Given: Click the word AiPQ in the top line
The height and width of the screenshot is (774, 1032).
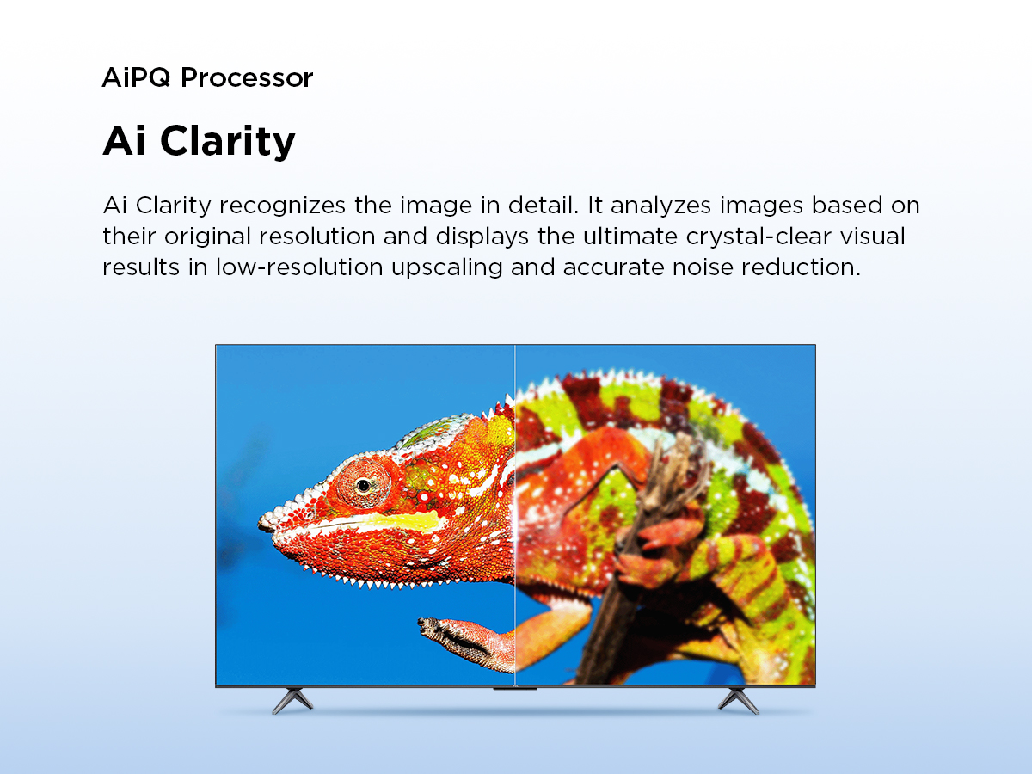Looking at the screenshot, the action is coord(136,77).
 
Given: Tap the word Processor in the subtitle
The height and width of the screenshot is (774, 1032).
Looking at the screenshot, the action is coord(247,77).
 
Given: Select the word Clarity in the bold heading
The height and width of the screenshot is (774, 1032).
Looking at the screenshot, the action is coord(228,141).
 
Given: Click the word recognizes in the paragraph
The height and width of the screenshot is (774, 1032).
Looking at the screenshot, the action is coord(283,206).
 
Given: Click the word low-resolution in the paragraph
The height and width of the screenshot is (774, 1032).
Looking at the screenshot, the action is coord(299,267).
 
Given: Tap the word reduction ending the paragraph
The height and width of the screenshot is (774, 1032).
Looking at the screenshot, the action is coord(802,267).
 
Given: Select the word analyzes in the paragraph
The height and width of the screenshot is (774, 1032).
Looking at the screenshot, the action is coord(660,206).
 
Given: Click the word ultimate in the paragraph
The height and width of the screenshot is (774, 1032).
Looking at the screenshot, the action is coord(630,236).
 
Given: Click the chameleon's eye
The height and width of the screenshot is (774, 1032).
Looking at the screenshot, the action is coord(364,485).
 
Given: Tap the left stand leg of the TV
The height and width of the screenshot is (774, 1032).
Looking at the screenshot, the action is coord(292,700).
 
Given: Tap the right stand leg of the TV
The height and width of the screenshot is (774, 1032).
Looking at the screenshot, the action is coord(738,700).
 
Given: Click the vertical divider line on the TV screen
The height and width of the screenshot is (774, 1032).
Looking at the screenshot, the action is coord(515,514).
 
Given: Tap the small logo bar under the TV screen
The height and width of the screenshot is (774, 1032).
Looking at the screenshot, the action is coord(515,689).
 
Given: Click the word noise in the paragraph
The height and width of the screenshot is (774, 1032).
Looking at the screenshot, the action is coord(703,267).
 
